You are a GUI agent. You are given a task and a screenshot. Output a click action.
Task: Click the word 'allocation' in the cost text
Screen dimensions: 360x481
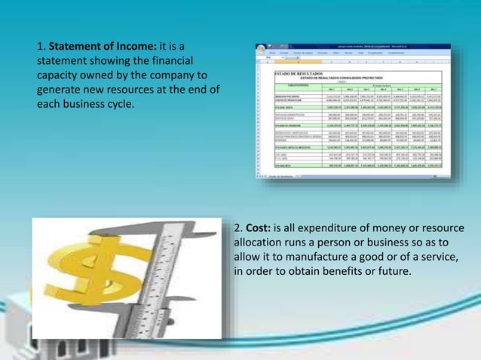point(260,243)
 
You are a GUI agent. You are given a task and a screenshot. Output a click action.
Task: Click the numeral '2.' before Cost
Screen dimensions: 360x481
point(238,228)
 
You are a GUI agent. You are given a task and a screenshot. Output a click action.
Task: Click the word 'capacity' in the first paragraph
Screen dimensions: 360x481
point(57,77)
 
